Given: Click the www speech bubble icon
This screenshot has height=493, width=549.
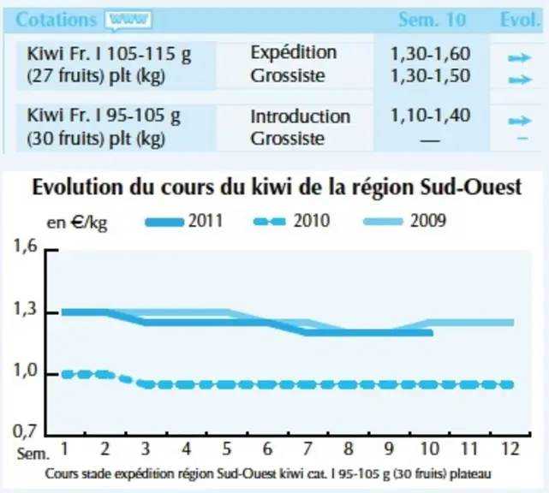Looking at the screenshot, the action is [128, 21].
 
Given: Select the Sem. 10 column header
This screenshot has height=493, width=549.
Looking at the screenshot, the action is [432, 20].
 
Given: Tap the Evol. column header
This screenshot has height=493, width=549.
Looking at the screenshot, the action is [520, 20].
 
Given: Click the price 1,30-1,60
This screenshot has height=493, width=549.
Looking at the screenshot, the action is [430, 54].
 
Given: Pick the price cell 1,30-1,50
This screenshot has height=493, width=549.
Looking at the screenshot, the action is [430, 76].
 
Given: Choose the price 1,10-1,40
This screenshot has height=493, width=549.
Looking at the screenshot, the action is [430, 116].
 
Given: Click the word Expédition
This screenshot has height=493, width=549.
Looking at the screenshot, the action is [294, 53].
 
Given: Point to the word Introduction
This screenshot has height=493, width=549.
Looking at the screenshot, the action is [300, 116].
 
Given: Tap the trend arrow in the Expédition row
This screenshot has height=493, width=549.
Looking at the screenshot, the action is [520, 57].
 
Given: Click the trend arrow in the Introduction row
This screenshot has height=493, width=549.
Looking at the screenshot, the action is [520, 121].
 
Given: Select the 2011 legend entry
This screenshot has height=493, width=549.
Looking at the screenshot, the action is [184, 221].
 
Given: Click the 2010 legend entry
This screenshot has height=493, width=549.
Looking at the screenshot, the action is [291, 221].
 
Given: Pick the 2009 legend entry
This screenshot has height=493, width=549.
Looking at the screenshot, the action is [405, 221].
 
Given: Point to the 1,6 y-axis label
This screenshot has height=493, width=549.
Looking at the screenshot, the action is [25, 246].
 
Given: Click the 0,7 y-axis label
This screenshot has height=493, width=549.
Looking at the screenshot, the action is [25, 431].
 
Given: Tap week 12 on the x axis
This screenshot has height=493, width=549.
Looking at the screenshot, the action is [510, 448].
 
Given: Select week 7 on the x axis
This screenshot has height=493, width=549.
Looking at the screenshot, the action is [307, 448].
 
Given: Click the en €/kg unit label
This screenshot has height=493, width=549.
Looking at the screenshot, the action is [77, 223].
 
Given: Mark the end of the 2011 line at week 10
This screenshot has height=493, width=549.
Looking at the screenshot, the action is [433, 333].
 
